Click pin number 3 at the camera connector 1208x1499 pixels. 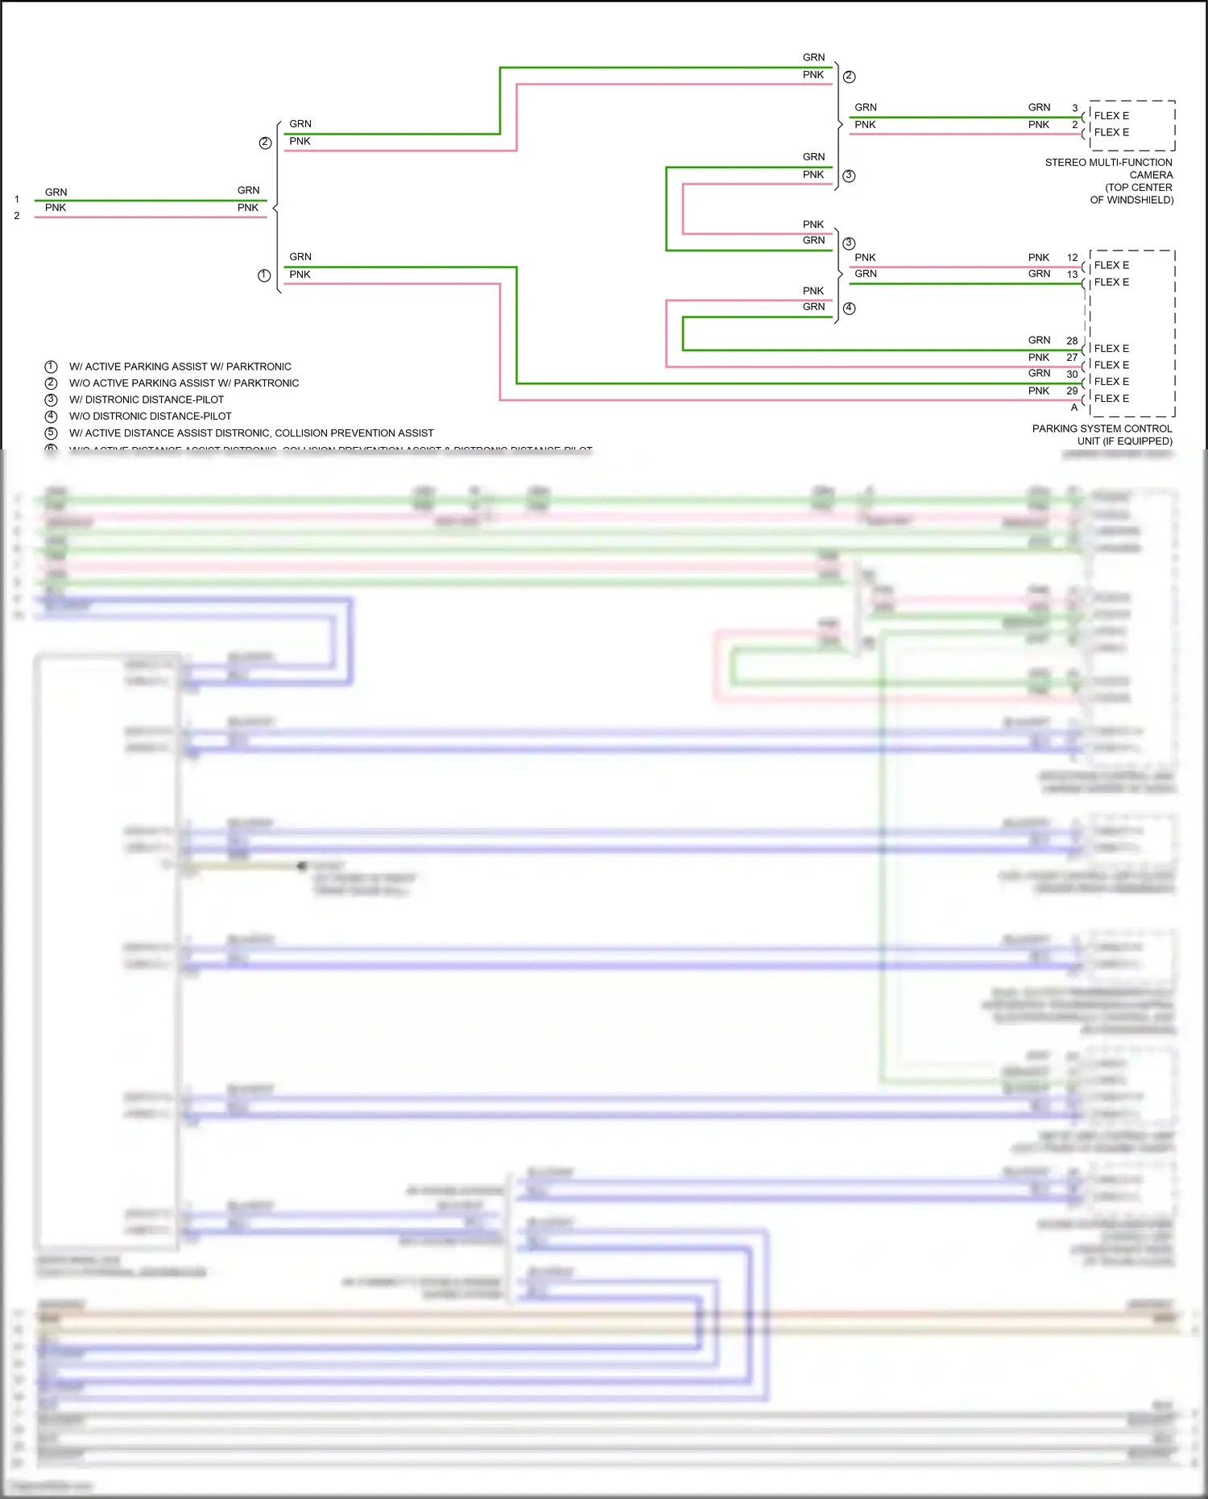click(1074, 108)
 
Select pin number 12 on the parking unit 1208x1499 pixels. click(1072, 258)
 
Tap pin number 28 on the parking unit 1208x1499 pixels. click(1072, 341)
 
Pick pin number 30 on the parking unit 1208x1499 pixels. click(1072, 374)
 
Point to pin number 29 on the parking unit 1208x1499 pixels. click(1072, 391)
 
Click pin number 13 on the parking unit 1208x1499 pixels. click(1072, 275)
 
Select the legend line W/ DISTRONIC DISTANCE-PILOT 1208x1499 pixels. click(147, 400)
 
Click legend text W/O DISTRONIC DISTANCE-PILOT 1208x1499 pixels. click(150, 416)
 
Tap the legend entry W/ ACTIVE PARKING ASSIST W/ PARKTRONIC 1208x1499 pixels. click(180, 366)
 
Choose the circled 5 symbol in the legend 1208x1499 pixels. click(51, 433)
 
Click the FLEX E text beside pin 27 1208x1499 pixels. click(1111, 365)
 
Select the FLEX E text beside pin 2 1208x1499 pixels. click(1111, 132)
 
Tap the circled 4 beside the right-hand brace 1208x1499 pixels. click(849, 308)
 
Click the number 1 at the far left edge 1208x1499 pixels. click(16, 199)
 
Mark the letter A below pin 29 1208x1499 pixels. click(1074, 408)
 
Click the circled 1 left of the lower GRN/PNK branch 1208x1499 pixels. click(264, 275)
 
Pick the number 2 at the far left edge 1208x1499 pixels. click(16, 216)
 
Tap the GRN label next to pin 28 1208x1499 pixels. click(1039, 340)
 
